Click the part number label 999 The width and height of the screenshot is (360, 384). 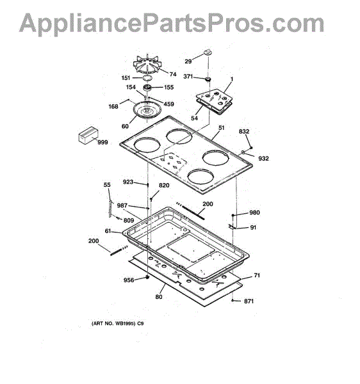click(x=102, y=142)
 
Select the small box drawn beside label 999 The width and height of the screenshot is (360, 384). click(x=88, y=136)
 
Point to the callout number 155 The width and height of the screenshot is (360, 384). click(x=168, y=87)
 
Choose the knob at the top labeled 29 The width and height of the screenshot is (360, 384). click(x=208, y=52)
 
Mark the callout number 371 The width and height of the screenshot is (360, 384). click(x=188, y=77)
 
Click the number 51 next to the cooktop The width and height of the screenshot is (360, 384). click(x=221, y=128)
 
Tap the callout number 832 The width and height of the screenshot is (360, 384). click(x=244, y=131)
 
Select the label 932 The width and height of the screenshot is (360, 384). click(x=263, y=159)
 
